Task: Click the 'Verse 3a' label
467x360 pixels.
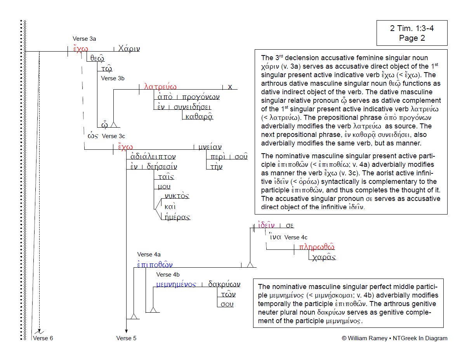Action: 84,39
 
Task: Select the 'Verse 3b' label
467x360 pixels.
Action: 113,78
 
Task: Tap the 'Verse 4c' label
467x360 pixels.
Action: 296,237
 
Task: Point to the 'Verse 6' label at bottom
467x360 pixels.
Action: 43,338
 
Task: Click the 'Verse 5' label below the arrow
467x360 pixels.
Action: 126,338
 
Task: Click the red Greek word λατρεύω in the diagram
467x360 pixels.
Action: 160,87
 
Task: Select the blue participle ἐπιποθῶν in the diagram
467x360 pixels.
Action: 155,265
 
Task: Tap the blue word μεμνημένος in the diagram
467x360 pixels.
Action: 176,284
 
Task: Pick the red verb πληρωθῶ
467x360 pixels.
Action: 317,247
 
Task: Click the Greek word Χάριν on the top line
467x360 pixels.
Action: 129,49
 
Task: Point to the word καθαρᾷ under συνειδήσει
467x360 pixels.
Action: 198,116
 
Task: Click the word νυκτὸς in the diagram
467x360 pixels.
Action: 177,196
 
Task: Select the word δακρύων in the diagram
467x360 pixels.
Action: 224,284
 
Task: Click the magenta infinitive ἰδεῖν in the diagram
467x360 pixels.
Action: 267,226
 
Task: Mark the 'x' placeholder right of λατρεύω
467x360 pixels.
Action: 230,87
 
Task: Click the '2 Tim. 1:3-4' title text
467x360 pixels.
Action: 411,29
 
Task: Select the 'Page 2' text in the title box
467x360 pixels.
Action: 411,38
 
